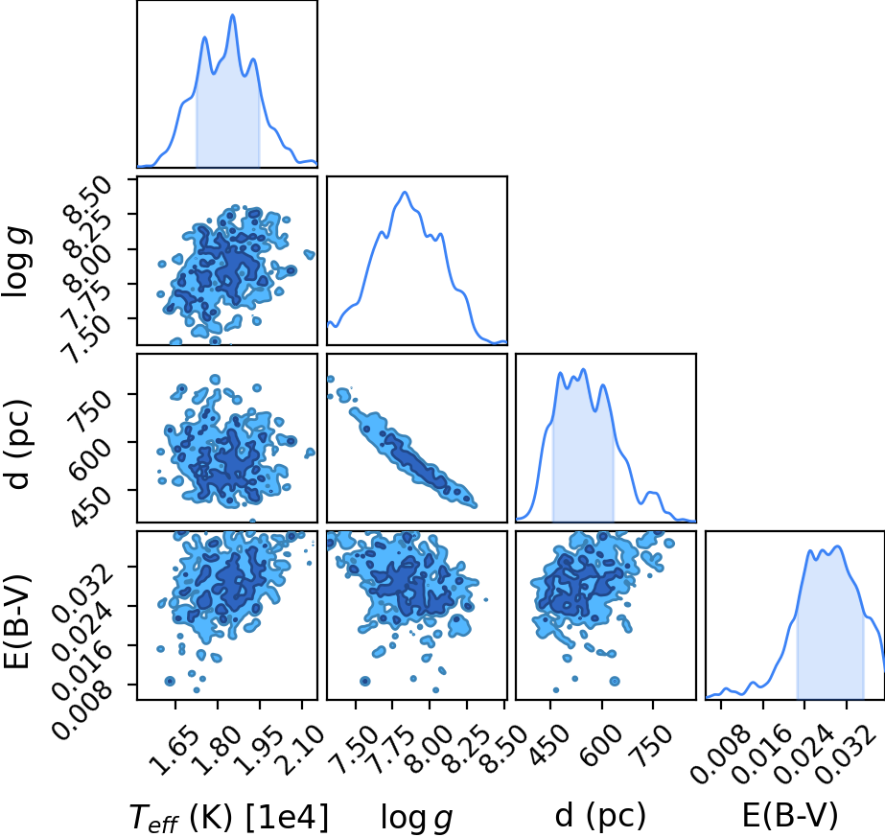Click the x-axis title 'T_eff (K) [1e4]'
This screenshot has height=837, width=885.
tap(228, 817)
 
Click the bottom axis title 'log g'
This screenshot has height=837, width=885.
tap(416, 817)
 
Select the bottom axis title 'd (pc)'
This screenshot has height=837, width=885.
tap(600, 816)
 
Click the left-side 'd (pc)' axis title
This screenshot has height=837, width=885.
tap(17, 444)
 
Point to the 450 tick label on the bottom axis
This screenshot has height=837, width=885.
tap(553, 745)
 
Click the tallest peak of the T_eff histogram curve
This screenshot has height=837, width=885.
tap(233, 15)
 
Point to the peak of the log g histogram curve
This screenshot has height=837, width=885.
tap(404, 193)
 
